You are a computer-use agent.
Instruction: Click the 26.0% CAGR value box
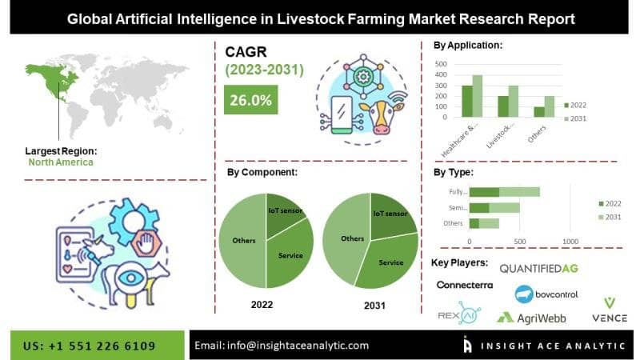250,99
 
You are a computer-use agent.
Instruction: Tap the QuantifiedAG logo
538,269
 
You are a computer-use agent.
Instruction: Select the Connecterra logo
465,285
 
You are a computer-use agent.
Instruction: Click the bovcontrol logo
546,294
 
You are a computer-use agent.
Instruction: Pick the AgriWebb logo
531,318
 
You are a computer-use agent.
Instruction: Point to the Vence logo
610,310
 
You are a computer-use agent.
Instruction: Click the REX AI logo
459,313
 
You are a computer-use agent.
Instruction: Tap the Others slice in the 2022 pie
242,241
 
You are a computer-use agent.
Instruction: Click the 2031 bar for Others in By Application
550,106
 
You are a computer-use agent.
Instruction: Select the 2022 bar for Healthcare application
467,102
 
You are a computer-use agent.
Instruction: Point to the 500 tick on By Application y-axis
441,64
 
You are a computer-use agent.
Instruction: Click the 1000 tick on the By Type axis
570,242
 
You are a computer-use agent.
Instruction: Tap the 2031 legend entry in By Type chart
610,217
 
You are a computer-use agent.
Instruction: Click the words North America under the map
61,162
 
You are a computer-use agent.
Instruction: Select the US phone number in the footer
89,346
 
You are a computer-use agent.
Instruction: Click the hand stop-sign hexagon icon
146,244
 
